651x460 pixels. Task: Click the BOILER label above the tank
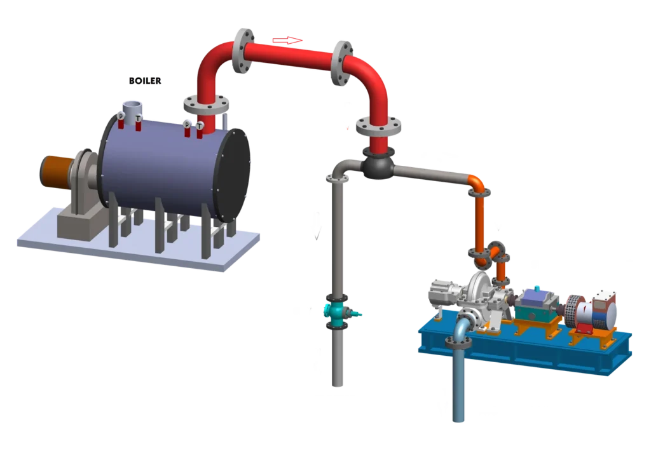click(x=146, y=81)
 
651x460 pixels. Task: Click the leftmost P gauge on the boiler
click(x=121, y=117)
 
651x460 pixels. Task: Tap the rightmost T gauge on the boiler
click(x=199, y=126)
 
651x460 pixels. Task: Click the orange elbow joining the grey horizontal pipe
click(x=476, y=184)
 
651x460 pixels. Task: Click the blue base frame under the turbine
click(x=528, y=356)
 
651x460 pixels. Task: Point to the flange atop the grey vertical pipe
click(x=337, y=177)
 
